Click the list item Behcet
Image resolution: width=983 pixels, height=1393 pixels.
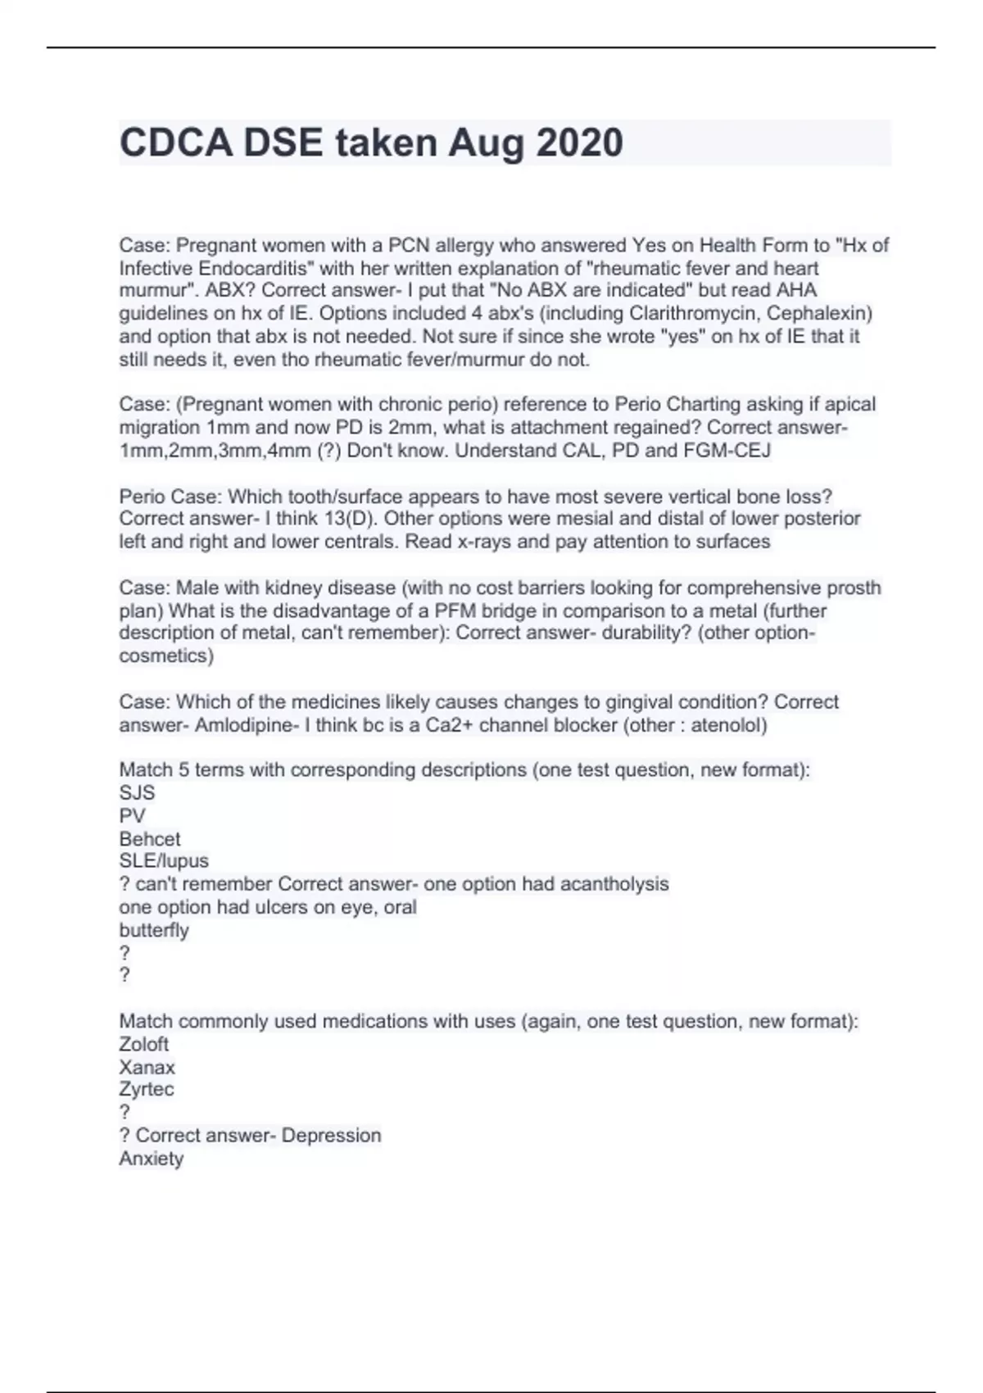click(x=150, y=839)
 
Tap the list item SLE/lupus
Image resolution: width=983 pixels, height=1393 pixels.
click(x=164, y=861)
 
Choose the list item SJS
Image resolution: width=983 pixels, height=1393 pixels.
click(x=137, y=793)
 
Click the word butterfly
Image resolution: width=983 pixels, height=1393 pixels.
click(x=154, y=930)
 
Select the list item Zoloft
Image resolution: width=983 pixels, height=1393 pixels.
click(x=144, y=1044)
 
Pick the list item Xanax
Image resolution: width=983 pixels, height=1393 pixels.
click(x=147, y=1067)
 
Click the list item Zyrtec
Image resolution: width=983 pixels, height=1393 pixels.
click(x=147, y=1090)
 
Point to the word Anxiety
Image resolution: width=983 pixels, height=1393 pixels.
click(x=152, y=1159)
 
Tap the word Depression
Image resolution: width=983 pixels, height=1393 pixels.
click(x=331, y=1136)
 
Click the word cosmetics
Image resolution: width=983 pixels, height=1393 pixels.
click(x=165, y=656)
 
